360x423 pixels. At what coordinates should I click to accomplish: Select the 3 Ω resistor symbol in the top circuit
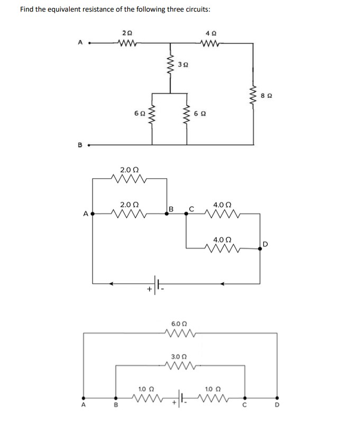tap(170, 66)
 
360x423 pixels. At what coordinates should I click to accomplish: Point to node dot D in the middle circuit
tap(260, 248)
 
